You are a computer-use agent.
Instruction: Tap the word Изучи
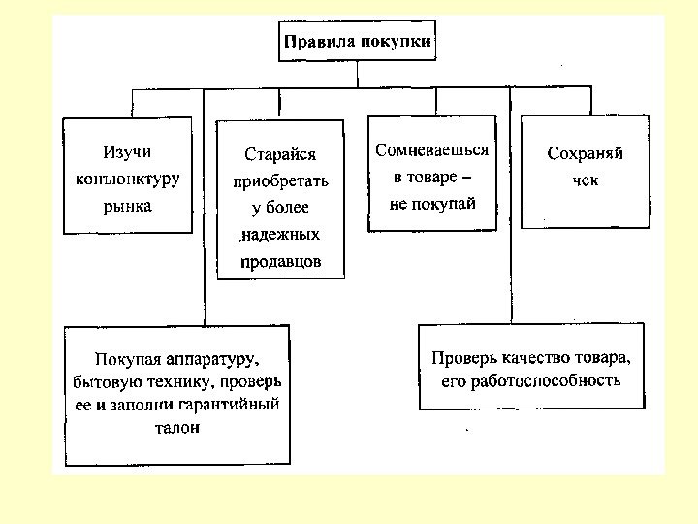pos(127,152)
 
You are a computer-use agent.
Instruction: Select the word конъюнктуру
pos(127,180)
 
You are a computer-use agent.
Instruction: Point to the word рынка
pos(127,206)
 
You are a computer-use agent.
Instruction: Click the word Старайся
pos(280,154)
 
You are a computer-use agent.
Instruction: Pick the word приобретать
pos(280,181)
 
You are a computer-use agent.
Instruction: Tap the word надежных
pos(282,236)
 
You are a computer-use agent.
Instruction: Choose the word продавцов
pos(280,262)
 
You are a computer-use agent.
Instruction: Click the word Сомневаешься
pos(432,151)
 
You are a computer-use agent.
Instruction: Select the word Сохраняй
pos(585,154)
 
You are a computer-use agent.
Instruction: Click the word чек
pos(585,181)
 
